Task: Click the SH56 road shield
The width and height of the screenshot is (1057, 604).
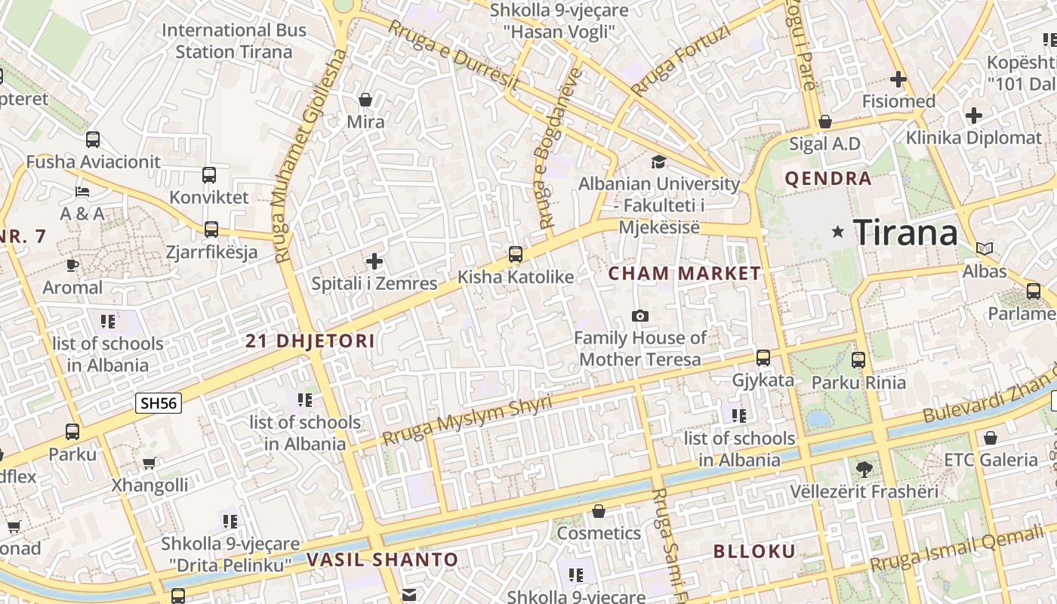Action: (x=159, y=403)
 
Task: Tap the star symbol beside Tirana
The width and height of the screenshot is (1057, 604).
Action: (x=837, y=232)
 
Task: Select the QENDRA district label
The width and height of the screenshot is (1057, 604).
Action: (x=828, y=179)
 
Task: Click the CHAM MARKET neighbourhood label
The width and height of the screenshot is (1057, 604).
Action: (x=685, y=273)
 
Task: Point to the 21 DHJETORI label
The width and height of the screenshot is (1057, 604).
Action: (x=310, y=341)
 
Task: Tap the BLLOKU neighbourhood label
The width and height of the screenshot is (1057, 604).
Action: (x=755, y=551)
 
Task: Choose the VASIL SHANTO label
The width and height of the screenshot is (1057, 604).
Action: (x=382, y=559)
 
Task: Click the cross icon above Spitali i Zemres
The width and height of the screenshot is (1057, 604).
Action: (x=374, y=262)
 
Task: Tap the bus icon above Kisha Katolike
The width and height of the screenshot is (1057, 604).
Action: (x=516, y=254)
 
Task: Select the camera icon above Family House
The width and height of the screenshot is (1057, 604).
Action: (x=640, y=316)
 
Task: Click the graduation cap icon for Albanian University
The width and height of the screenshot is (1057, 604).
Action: (x=658, y=162)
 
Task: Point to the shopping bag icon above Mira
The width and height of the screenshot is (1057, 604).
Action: (x=365, y=100)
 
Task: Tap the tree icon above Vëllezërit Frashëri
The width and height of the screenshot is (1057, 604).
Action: (x=864, y=469)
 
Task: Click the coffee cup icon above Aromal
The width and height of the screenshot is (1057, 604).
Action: (x=72, y=265)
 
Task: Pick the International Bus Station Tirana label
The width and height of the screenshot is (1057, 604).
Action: (x=234, y=41)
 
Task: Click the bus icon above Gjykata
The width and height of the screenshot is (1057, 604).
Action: (x=763, y=358)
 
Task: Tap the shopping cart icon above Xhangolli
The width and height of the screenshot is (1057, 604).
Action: (x=149, y=463)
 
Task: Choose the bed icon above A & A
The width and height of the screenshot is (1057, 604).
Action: (x=82, y=192)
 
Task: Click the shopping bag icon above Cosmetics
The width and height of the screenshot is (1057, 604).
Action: (x=599, y=512)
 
